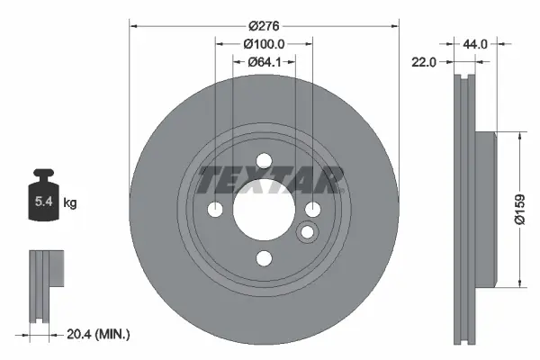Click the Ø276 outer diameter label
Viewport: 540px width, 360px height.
tap(264, 27)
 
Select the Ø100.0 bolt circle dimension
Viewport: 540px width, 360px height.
tap(264, 44)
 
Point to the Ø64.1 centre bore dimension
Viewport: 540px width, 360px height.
tap(264, 62)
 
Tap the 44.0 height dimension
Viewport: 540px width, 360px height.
tap(475, 43)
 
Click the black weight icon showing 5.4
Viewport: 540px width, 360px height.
tap(43, 192)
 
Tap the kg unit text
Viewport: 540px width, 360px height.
tap(70, 203)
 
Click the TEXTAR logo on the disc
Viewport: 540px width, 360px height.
tap(271, 180)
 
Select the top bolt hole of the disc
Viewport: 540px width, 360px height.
tap(264, 162)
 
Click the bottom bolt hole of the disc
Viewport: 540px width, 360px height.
tap(264, 258)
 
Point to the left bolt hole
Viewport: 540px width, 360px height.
tap(216, 210)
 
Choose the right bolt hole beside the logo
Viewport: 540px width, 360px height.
tap(312, 210)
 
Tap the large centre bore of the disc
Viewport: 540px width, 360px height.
tap(264, 210)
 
